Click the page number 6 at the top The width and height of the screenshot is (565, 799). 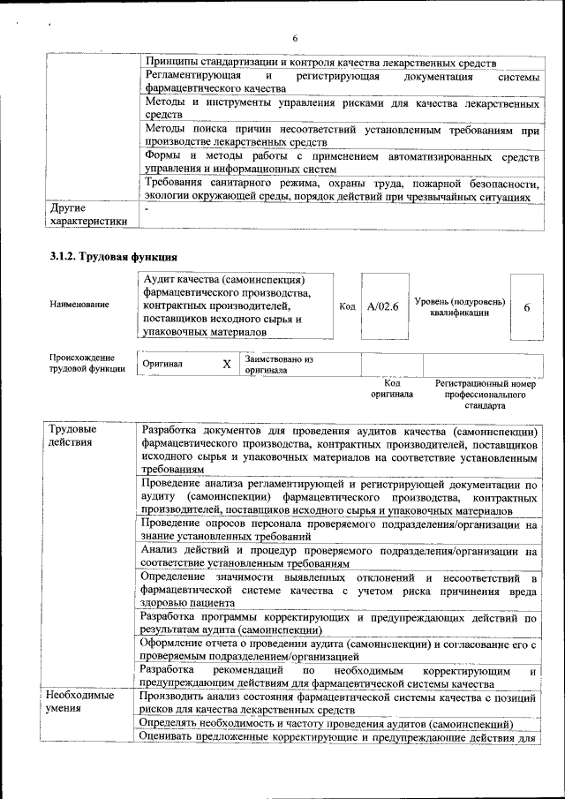click(296, 38)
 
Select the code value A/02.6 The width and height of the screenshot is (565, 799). click(383, 306)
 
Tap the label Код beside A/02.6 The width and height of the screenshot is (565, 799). click(347, 306)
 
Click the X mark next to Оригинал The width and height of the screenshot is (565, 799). click(226, 365)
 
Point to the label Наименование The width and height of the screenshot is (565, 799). click(79, 305)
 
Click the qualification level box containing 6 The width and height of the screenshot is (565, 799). click(527, 306)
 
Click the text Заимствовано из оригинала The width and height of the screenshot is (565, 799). click(279, 365)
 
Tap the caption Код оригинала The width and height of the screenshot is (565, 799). click(392, 389)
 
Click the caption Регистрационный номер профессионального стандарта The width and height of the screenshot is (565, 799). click(486, 396)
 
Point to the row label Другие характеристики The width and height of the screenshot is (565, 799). click(87, 215)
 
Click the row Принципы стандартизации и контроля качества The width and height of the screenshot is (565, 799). click(321, 64)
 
